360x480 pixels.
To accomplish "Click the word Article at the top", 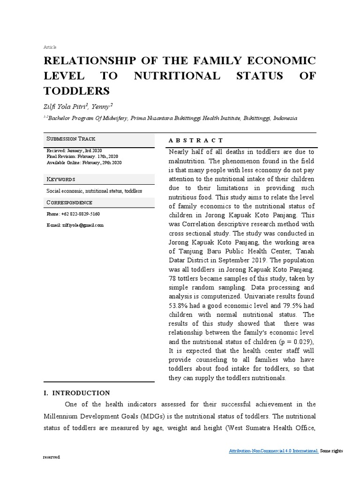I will click(49, 47).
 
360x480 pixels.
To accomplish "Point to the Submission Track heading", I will click(71, 139).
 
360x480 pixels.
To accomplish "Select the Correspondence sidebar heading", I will click(69, 202).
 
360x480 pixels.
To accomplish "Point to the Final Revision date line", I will click(82, 156).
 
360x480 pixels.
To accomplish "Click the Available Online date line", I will click(84, 162).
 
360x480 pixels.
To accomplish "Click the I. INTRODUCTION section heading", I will click(76, 393).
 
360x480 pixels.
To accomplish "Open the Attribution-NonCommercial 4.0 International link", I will click(274, 451).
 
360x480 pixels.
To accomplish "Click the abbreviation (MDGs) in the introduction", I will click(152, 416).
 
